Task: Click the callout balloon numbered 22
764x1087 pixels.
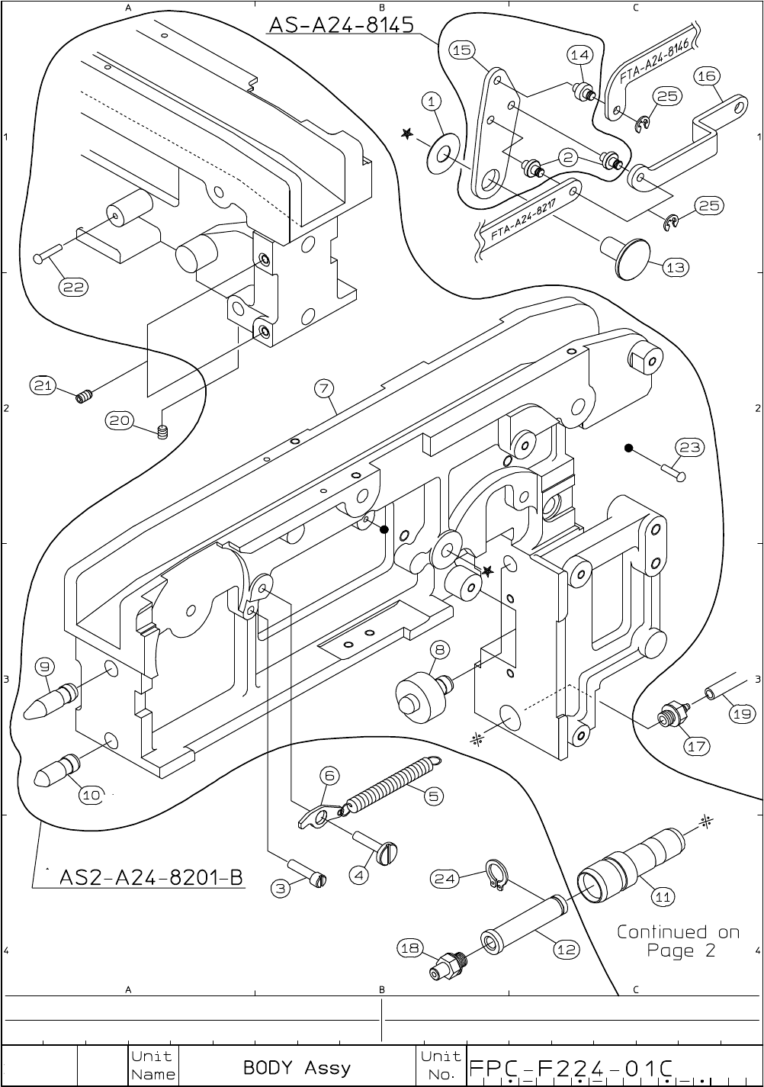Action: point(74,287)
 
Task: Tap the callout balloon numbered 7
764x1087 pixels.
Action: point(324,388)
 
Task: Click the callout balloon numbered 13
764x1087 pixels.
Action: point(676,267)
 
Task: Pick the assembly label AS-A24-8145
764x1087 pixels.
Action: point(342,24)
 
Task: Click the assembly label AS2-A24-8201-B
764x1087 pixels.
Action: point(151,877)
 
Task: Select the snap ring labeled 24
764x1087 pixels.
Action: point(496,875)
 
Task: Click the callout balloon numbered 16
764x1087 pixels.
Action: point(707,76)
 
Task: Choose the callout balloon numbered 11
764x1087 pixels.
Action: point(663,896)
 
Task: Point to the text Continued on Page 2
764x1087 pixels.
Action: point(679,941)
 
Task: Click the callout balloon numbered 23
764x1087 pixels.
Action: point(690,447)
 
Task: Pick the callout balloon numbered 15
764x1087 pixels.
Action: point(462,50)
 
